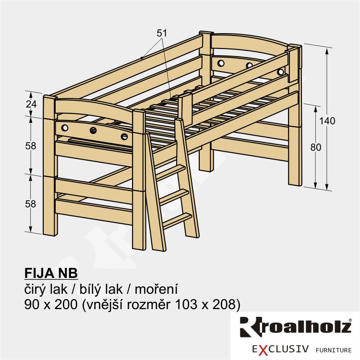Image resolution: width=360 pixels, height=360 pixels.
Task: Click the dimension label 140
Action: [327, 121]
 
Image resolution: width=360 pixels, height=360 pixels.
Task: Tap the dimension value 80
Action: [316, 147]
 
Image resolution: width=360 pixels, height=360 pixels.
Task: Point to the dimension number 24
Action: [31, 104]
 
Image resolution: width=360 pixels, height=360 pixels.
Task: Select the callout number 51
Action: [162, 33]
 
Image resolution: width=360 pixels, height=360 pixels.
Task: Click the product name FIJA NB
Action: [51, 273]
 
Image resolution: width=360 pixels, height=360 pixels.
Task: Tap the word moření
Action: [156, 289]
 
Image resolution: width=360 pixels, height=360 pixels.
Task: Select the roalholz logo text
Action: [296, 327]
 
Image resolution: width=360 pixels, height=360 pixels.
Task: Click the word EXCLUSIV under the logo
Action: [280, 349]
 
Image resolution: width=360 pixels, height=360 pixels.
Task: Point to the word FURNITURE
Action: [334, 350]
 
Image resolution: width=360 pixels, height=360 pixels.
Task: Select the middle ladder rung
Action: [174, 197]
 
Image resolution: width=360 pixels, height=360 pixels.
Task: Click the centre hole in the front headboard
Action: [93, 131]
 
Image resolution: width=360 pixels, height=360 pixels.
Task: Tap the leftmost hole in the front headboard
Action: [65, 127]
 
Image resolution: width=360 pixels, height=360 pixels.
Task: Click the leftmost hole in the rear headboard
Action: [221, 63]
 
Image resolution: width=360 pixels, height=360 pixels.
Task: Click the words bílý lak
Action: [101, 289]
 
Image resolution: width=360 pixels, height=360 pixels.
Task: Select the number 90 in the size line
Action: [31, 304]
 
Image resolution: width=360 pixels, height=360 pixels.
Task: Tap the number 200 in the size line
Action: [66, 304]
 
